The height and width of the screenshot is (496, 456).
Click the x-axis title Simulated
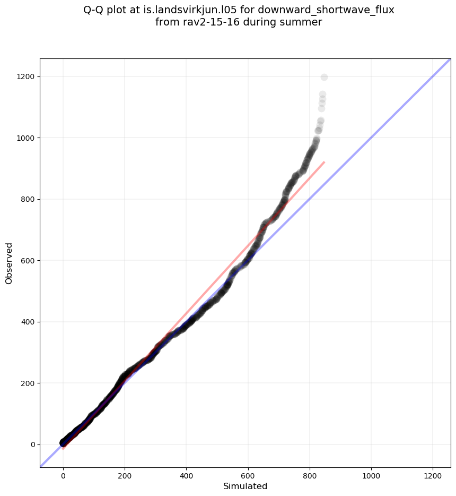point(245,486)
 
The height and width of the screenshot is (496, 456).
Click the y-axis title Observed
point(9,263)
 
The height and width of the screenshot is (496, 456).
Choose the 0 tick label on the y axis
point(32,444)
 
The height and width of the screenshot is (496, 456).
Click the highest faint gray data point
point(324,78)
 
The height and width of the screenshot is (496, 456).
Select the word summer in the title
point(304,22)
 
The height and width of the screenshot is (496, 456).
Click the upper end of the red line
point(323,163)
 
